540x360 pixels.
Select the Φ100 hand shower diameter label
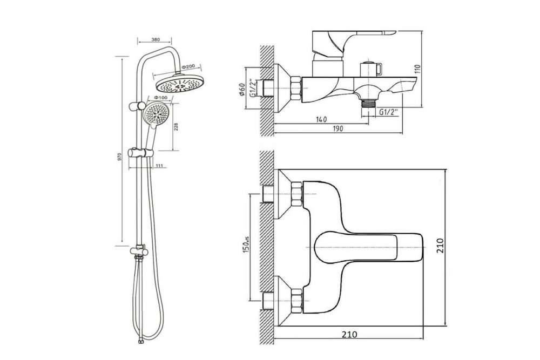point(159,97)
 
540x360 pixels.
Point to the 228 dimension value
point(176,127)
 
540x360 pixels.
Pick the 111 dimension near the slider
point(160,166)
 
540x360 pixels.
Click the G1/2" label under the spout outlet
point(388,113)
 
